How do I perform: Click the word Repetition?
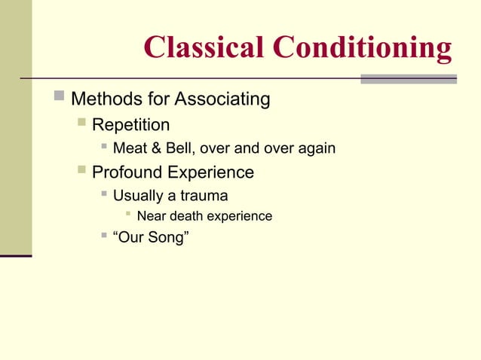130,124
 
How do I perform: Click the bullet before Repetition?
81,122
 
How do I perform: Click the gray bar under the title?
408,79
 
